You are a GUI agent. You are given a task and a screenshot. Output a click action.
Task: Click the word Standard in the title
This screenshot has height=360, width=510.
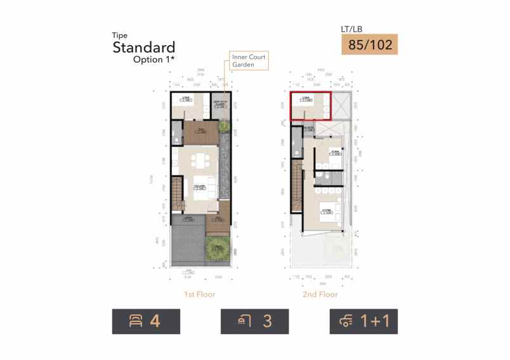click(x=143, y=47)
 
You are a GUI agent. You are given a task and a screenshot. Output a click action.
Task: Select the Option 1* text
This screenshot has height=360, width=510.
click(x=154, y=60)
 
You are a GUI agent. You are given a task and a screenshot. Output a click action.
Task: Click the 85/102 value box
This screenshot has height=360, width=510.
click(x=369, y=45)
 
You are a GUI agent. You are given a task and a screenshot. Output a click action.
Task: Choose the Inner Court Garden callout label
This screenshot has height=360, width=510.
click(x=249, y=61)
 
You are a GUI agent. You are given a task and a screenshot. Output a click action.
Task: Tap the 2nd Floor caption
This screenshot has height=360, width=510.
click(x=320, y=294)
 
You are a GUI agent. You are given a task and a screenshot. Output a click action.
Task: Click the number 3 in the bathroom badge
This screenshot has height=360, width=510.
click(x=267, y=322)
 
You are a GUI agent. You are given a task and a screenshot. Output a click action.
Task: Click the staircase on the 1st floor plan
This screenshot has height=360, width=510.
click(x=177, y=194)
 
